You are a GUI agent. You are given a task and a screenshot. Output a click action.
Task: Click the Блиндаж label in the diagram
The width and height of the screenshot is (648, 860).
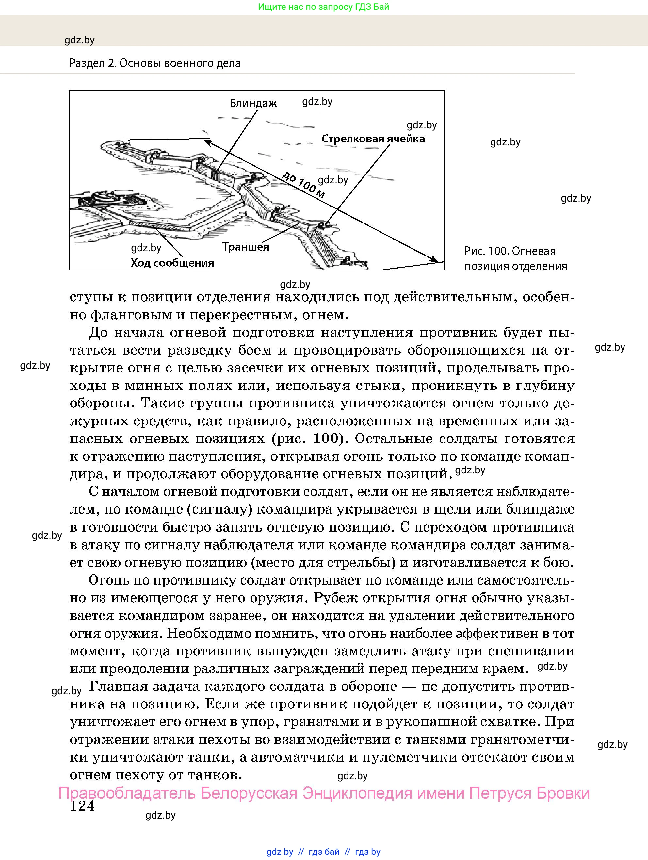pos(253,104)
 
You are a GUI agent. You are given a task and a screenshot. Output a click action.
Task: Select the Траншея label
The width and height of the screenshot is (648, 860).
pos(245,247)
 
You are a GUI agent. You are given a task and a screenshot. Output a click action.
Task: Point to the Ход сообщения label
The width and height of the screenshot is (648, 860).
pos(172,263)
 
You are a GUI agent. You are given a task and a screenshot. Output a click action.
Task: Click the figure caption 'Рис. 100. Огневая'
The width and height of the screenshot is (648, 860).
pos(510,251)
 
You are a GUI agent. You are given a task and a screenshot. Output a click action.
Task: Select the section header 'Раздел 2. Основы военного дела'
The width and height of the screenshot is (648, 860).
pos(155,63)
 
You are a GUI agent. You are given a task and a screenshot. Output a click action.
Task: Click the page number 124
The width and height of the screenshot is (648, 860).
pos(82,806)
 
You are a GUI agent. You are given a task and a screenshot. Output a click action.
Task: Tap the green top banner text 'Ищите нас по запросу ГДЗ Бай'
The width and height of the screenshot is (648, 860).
pos(323,7)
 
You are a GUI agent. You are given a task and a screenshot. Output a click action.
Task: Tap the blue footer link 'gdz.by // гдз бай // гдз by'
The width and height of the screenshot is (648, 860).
pos(323,852)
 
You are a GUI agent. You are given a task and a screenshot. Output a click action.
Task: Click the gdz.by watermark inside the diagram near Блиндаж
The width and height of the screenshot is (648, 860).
pos(317,102)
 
